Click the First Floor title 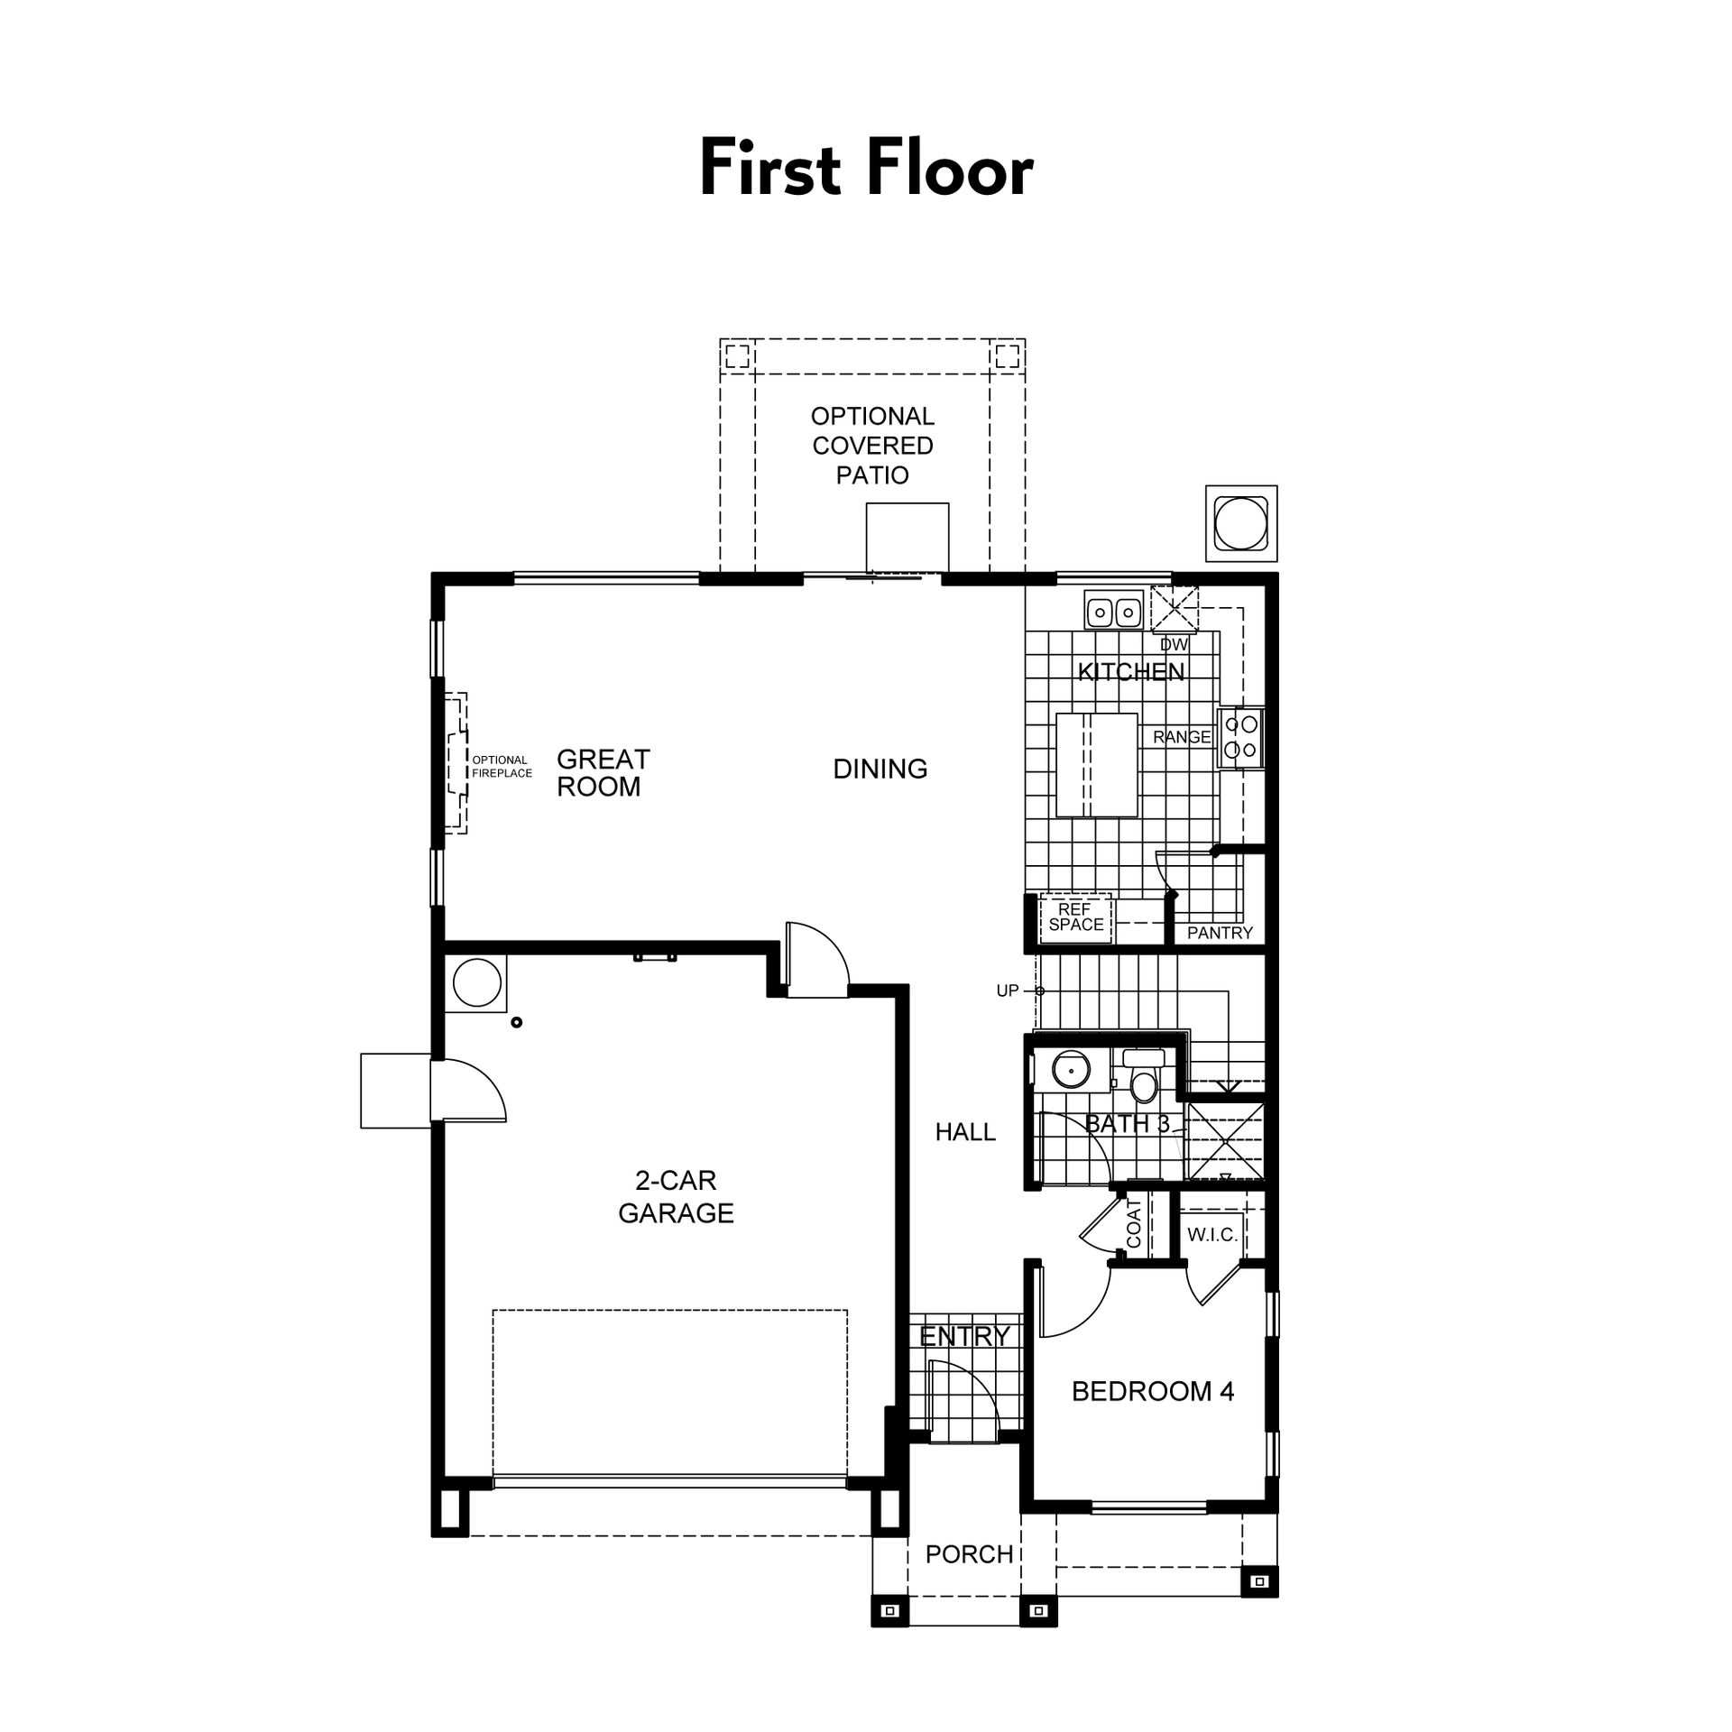click(x=866, y=169)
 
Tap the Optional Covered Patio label click(x=872, y=446)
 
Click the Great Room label click(x=603, y=773)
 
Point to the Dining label click(x=880, y=769)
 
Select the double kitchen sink click(x=1114, y=613)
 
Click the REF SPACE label click(x=1075, y=917)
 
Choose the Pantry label click(x=1220, y=933)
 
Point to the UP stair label click(x=1008, y=990)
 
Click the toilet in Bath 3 click(x=1144, y=1077)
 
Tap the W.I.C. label click(x=1212, y=1235)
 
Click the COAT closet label click(x=1135, y=1223)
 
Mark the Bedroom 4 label click(x=1152, y=1391)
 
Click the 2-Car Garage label click(x=676, y=1196)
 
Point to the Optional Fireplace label click(x=502, y=767)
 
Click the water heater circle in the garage click(x=477, y=982)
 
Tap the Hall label click(x=965, y=1132)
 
